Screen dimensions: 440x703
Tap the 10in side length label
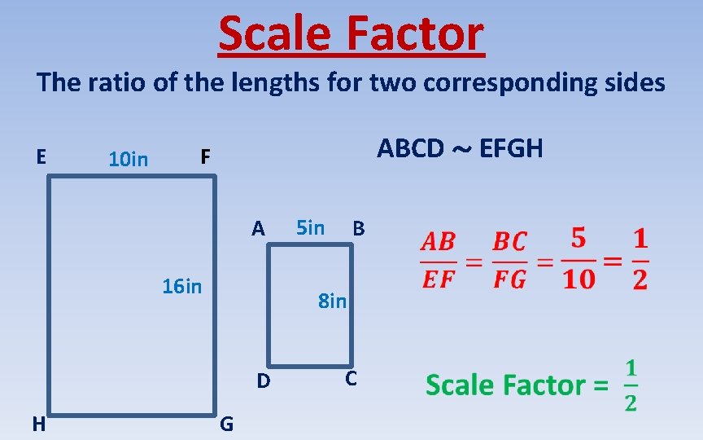click(x=129, y=159)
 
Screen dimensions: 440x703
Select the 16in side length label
click(x=181, y=286)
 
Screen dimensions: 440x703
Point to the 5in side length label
click(x=309, y=227)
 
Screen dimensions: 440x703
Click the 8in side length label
click(x=332, y=301)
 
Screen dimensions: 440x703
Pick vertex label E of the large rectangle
click(x=40, y=155)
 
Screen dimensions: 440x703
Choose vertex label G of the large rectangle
click(x=227, y=424)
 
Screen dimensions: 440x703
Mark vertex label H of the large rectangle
click(x=38, y=424)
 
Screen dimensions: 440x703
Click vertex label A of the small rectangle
click(x=258, y=229)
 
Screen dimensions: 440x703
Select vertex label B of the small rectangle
click(x=358, y=229)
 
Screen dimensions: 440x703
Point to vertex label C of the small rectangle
click(x=351, y=379)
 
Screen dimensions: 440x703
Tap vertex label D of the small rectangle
click(x=263, y=381)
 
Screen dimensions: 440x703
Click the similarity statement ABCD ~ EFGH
click(x=460, y=148)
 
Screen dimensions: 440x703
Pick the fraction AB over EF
click(x=438, y=260)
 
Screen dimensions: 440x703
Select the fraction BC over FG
click(x=510, y=260)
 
